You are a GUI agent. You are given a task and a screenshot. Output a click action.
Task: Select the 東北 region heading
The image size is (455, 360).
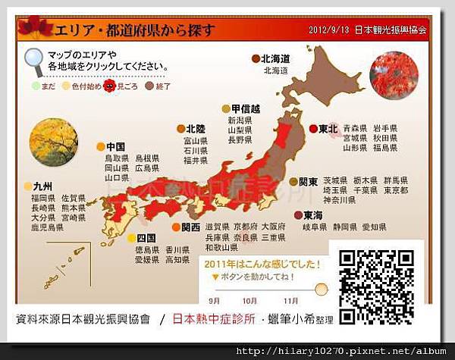pos(328,129)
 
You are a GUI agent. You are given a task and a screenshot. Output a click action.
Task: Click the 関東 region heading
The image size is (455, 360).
pos(307,182)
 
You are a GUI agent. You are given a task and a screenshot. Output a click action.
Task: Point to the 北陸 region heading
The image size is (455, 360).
pos(195,129)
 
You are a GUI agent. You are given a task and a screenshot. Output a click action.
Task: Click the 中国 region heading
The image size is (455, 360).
pos(115,146)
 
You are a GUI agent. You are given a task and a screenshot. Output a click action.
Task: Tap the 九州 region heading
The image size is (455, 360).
pos(43,186)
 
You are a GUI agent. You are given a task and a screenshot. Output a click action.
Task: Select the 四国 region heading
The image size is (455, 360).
pos(146,237)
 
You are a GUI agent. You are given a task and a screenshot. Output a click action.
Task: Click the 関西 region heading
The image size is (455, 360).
pos(190,227)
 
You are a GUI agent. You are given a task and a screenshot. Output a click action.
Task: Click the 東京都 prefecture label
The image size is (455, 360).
pos(394,191)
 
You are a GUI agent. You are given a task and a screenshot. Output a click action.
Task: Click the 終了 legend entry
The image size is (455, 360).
pos(162,86)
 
